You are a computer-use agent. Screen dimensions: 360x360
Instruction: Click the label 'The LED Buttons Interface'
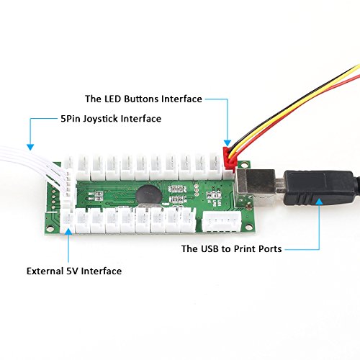(143, 99)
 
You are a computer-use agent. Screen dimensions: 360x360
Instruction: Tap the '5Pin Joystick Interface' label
(111, 119)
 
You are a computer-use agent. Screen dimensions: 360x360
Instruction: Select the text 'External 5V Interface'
(74, 271)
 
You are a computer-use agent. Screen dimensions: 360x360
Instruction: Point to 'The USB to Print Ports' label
(232, 248)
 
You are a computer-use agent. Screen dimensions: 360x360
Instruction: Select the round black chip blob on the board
(149, 195)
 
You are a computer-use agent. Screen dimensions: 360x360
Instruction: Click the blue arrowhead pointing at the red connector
(228, 143)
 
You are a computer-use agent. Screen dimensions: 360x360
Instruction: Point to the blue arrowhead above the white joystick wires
(30, 147)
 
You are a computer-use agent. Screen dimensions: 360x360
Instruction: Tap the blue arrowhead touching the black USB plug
(319, 202)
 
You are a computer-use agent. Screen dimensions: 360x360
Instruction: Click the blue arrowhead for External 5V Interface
(68, 231)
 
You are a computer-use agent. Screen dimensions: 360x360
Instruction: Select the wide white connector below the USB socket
(222, 222)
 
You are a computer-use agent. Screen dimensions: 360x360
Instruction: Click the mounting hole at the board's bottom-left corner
(50, 229)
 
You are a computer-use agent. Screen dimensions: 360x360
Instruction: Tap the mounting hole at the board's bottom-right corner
(249, 227)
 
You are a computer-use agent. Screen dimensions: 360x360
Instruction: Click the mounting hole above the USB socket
(245, 165)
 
